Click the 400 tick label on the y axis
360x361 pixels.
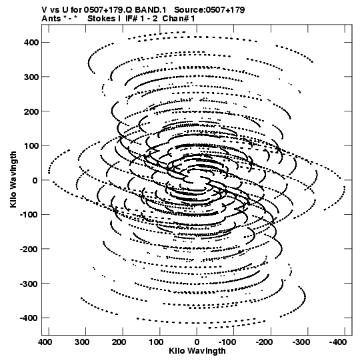pos(31,42)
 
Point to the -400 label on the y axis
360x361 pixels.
pos(29,318)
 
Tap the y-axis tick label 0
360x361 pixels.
pos(35,180)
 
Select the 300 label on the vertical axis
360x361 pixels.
pos(31,77)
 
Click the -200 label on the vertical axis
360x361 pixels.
pos(29,249)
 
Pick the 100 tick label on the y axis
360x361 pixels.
pos(31,145)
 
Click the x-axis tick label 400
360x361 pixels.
pos(45,342)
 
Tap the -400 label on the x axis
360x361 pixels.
pos(338,342)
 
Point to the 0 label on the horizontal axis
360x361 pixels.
pos(197,342)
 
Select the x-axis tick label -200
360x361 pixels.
pos(264,342)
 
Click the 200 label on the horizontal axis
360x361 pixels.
pos(119,342)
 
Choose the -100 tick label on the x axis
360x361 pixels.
pos(227,342)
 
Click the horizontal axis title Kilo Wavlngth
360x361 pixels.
pos(197,351)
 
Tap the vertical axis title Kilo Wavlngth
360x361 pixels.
pos(13,179)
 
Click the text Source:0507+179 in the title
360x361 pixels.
pos(209,10)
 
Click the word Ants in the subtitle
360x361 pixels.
pos(51,19)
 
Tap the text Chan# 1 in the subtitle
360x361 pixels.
pos(179,19)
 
